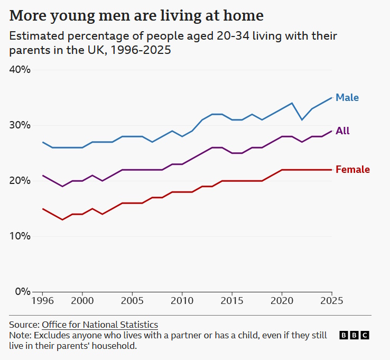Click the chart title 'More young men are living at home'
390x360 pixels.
(136, 15)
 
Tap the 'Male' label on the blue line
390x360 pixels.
(347, 98)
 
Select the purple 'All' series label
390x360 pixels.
(342, 131)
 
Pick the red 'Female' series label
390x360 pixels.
(352, 170)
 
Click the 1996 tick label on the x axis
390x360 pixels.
(42, 301)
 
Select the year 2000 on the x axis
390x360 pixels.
(82, 301)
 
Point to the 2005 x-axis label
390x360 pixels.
(132, 301)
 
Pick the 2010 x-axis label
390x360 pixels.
(182, 301)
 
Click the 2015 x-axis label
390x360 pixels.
(231, 301)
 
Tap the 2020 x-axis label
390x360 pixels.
(282, 301)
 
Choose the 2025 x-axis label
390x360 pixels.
(331, 301)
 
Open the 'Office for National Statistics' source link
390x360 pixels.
(100, 325)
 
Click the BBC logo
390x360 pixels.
(354, 335)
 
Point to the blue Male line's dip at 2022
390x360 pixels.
(302, 119)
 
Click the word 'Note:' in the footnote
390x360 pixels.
(20, 335)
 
